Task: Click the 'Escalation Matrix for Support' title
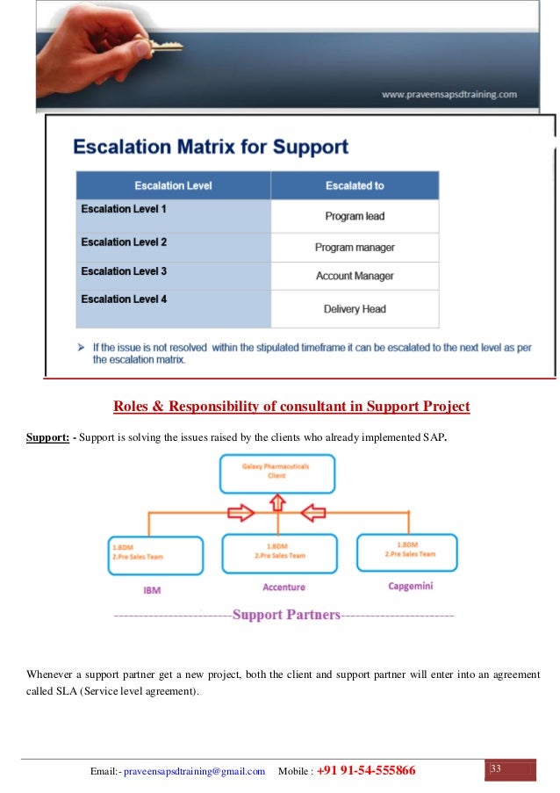coord(210,146)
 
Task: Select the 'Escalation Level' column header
coord(173,186)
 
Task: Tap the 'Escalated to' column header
coord(355,186)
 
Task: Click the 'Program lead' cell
coord(355,216)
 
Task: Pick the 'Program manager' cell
coord(355,248)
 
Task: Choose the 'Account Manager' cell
coord(355,277)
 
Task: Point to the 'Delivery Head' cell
coord(355,309)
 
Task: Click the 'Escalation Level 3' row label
coord(124,271)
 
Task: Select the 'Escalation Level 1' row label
coord(124,210)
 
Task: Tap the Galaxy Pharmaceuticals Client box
coord(276,472)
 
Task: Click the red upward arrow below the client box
coord(277,502)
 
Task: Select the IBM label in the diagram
coord(152,589)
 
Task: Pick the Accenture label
coord(277,587)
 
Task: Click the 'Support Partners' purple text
coord(286,615)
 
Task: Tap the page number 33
coord(496,769)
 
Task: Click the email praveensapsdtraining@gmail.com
coord(194,771)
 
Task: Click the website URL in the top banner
coord(449,94)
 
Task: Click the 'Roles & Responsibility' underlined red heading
coord(291,407)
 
